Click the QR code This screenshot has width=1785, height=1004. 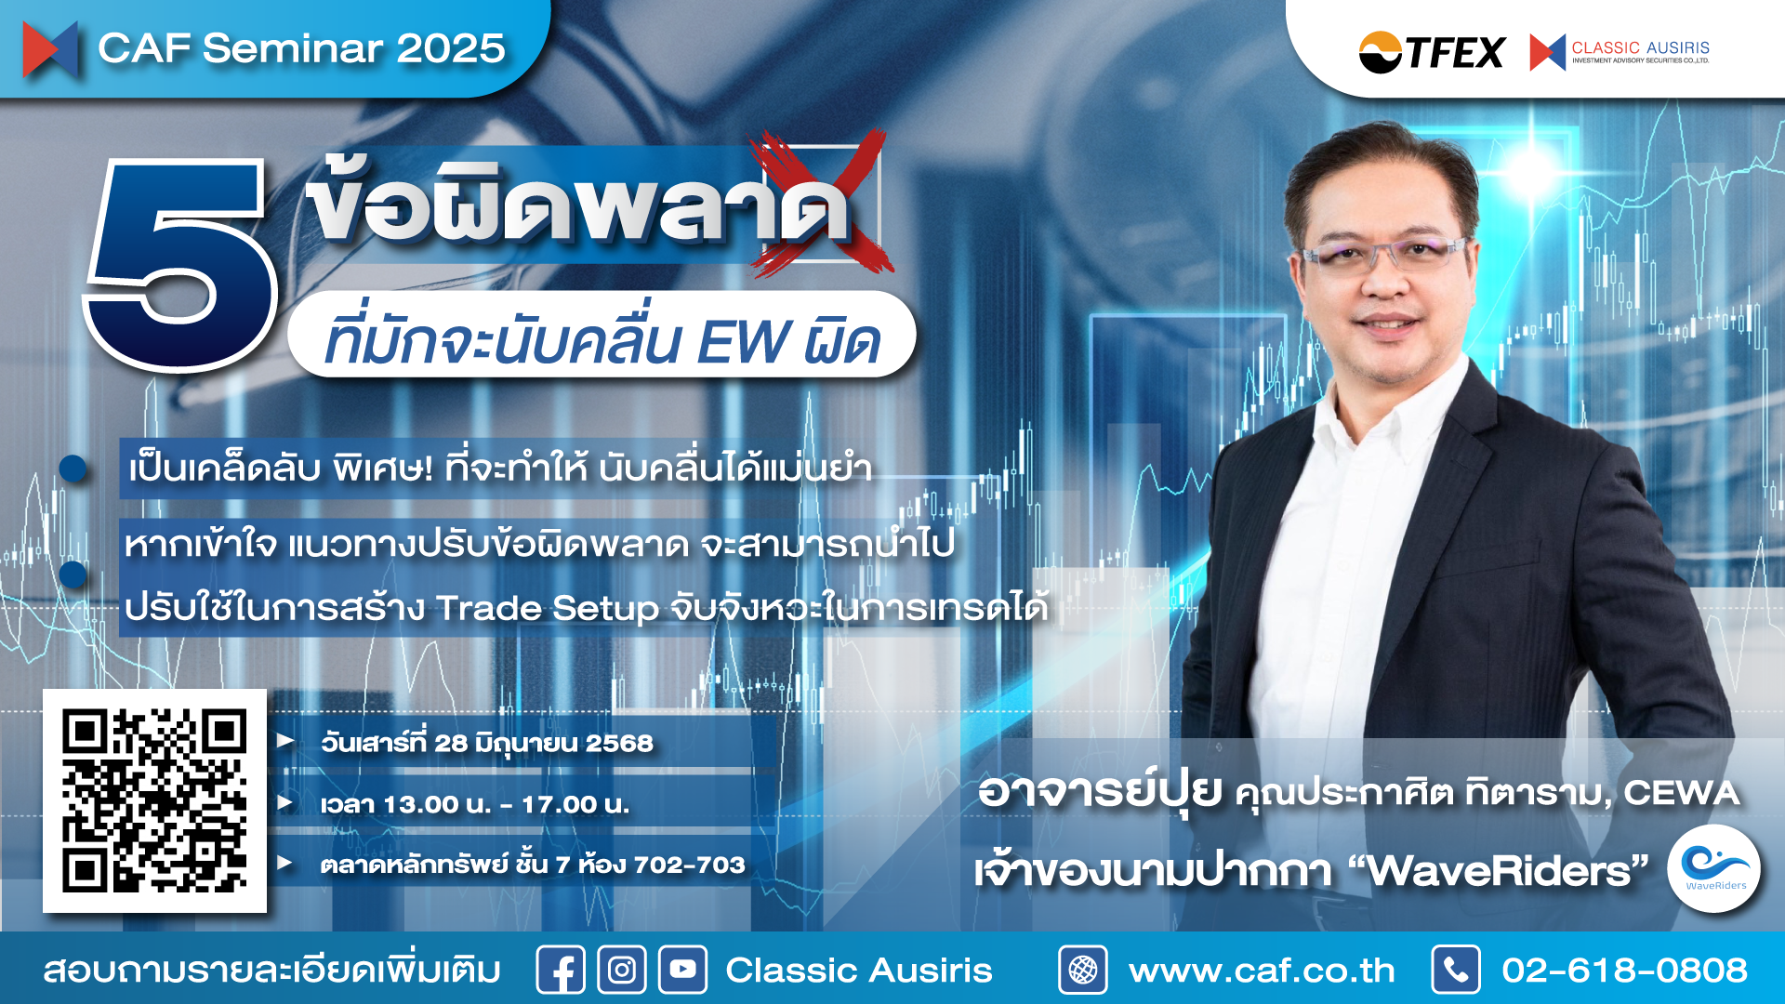click(154, 800)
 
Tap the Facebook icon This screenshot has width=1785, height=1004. click(561, 971)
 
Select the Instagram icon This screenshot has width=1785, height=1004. click(622, 971)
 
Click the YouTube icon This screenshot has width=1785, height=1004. click(683, 971)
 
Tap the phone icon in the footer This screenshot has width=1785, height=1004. click(1456, 971)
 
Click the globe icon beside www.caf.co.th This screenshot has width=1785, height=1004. click(1083, 971)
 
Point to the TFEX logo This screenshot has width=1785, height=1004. click(1432, 52)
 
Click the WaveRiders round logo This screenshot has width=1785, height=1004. click(1713, 867)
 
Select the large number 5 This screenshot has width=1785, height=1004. click(181, 264)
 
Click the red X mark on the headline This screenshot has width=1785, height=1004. click(822, 203)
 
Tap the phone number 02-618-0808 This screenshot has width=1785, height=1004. click(1624, 971)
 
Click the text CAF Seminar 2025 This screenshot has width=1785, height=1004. click(301, 48)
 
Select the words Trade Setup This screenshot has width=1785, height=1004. click(549, 608)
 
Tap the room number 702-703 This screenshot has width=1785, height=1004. click(689, 865)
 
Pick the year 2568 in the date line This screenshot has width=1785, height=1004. click(619, 744)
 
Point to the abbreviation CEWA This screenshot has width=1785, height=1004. click(1681, 793)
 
